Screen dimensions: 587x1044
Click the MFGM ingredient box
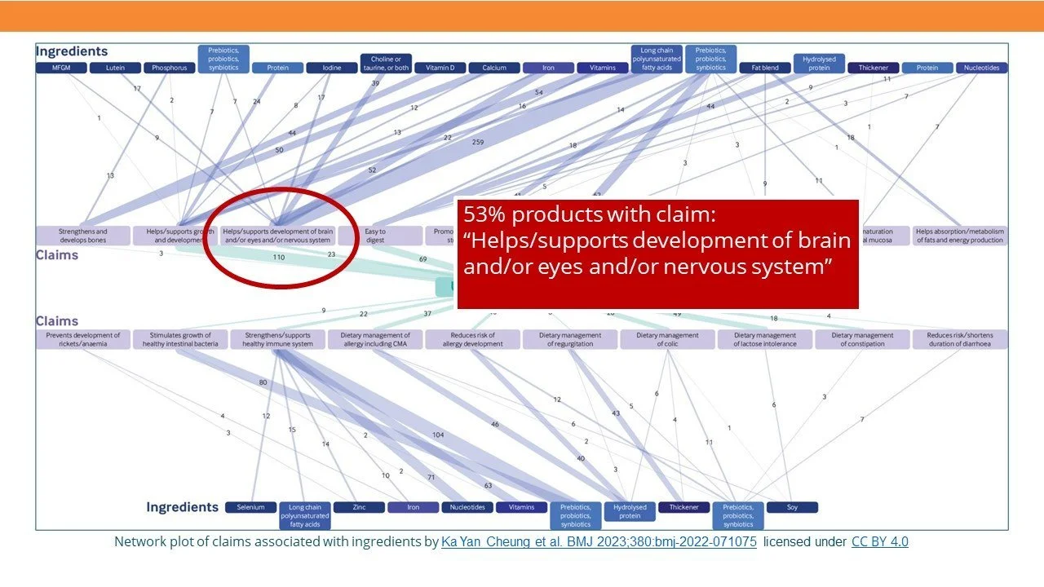click(x=61, y=68)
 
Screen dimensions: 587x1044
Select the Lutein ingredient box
click(x=116, y=68)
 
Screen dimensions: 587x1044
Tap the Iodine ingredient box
click(x=332, y=68)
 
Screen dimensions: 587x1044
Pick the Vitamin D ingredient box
click(x=440, y=68)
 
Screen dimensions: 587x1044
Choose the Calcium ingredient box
click(x=494, y=68)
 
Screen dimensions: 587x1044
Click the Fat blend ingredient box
click(x=765, y=68)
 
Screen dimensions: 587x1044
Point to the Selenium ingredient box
click(x=251, y=507)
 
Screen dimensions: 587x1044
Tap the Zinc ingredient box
click(x=359, y=507)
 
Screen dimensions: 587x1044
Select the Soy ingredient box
click(x=792, y=507)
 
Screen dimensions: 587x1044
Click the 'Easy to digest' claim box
click(x=374, y=236)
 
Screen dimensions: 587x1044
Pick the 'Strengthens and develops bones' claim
click(x=83, y=236)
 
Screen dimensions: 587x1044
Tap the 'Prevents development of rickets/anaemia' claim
click(x=83, y=339)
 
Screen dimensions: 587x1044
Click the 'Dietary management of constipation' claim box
click(x=862, y=339)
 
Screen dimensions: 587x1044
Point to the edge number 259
click(x=477, y=143)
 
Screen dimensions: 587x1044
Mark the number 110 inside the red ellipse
click(x=278, y=258)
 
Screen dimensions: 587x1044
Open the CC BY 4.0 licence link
click(x=879, y=542)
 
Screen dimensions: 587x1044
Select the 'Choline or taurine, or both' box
click(x=386, y=64)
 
